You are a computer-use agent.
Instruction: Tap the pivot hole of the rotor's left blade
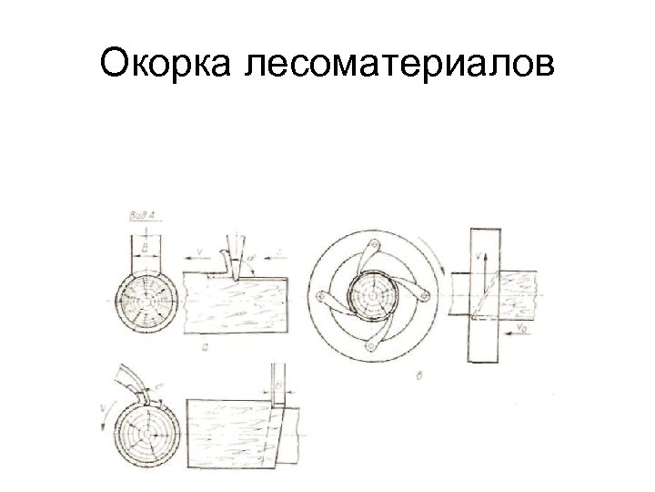[x=322, y=299]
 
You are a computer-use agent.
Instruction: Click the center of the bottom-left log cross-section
[x=147, y=433]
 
